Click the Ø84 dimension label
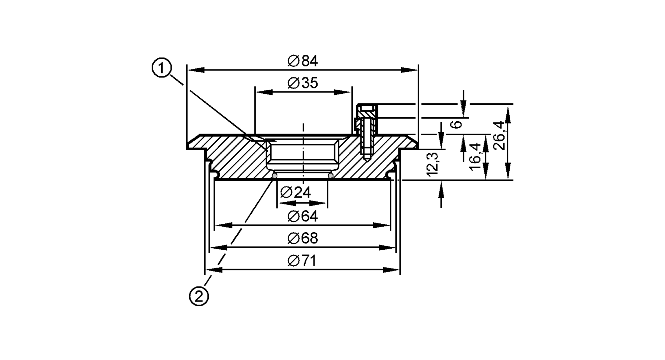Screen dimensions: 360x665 point(303,61)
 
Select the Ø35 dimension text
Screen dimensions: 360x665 point(303,83)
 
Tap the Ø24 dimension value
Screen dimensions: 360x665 point(296,192)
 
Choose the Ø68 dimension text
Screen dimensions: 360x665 point(303,239)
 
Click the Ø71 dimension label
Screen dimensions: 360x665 point(302,261)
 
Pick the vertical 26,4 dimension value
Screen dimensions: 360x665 point(498,135)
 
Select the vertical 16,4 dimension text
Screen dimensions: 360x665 point(475,157)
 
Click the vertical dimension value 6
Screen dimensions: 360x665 point(458,124)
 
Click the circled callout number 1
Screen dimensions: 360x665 point(162,68)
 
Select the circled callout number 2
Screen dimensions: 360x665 point(199,296)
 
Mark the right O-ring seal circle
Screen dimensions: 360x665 point(331,176)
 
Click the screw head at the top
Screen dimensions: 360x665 point(367,108)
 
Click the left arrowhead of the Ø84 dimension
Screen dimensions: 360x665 point(196,70)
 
